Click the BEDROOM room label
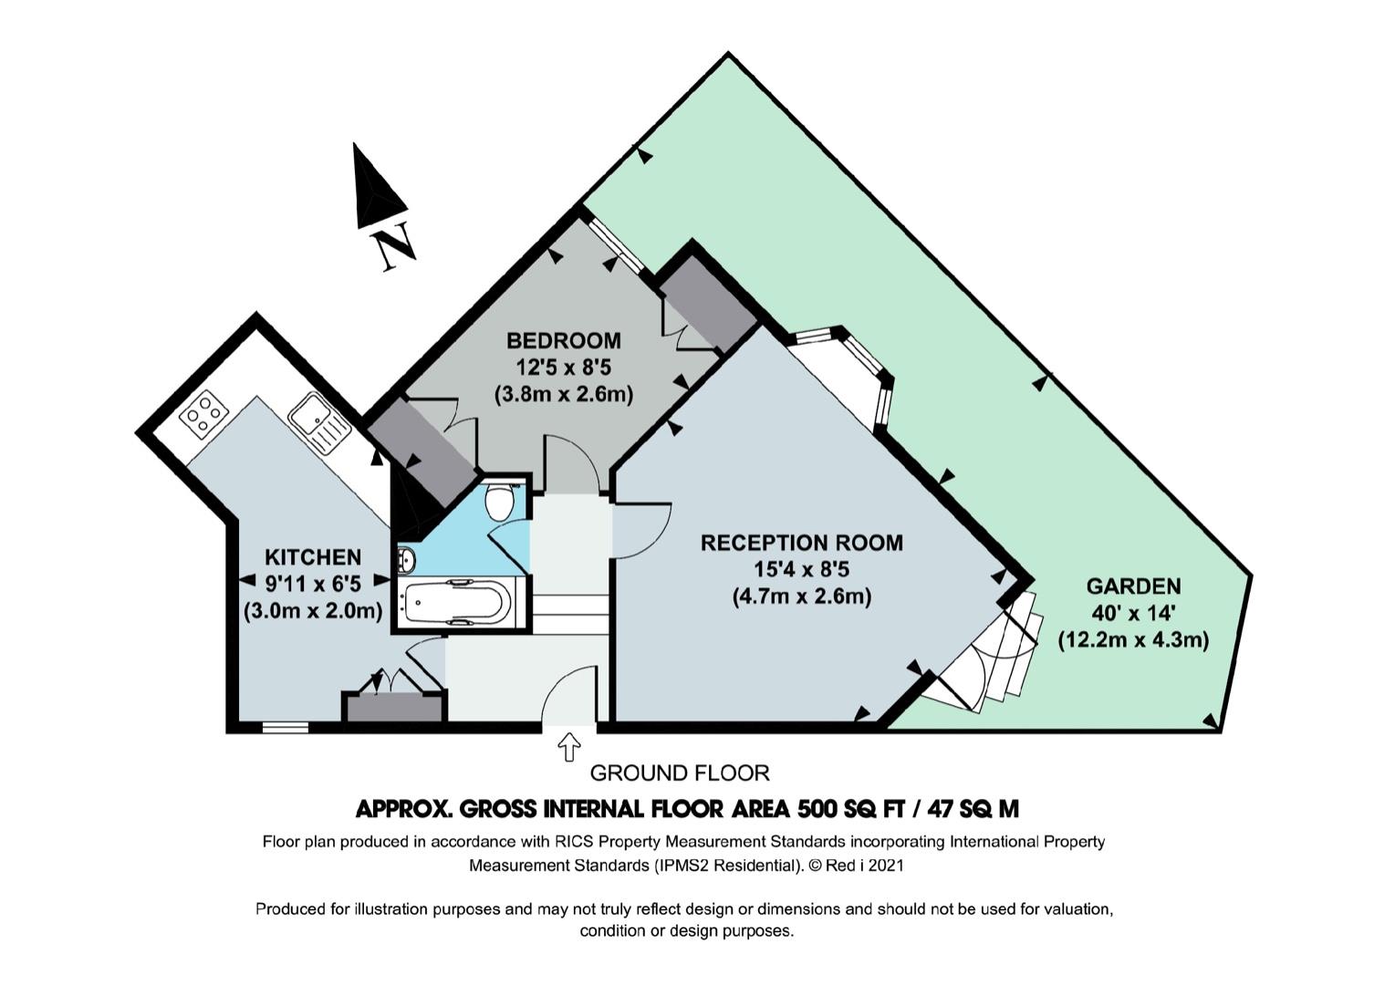(x=563, y=341)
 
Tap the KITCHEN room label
(x=312, y=557)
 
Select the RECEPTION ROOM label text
(x=801, y=543)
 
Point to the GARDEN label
(x=1133, y=586)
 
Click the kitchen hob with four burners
(x=203, y=414)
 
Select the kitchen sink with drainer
(x=318, y=423)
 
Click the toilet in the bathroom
(x=499, y=501)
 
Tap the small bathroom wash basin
(x=406, y=560)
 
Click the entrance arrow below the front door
(x=569, y=746)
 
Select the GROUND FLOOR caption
(x=680, y=773)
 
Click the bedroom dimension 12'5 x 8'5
(x=563, y=368)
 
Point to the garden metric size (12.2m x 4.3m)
(x=1133, y=640)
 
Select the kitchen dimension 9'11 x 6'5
(x=312, y=583)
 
